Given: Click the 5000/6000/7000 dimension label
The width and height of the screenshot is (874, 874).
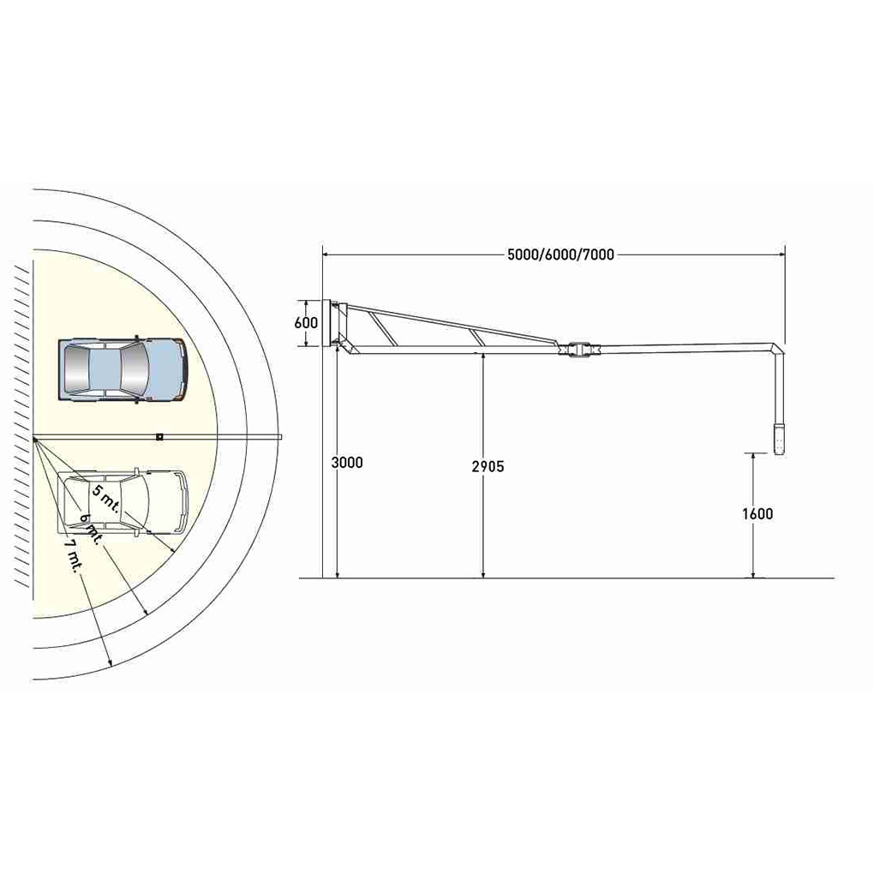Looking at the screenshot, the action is pyautogui.click(x=560, y=254).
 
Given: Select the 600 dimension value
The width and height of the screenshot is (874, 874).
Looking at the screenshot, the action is pyautogui.click(x=306, y=323).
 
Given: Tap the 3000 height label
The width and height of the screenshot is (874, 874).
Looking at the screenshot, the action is pyautogui.click(x=347, y=462).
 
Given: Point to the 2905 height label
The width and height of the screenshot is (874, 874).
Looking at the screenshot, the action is pyautogui.click(x=488, y=466).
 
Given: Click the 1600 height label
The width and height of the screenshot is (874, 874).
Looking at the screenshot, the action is pyautogui.click(x=757, y=513).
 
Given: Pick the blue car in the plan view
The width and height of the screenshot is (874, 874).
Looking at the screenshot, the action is pyautogui.click(x=123, y=369).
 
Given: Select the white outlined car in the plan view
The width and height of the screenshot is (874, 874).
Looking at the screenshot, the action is pyautogui.click(x=123, y=501).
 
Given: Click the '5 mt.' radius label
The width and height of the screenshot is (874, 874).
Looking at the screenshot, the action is pyautogui.click(x=106, y=499).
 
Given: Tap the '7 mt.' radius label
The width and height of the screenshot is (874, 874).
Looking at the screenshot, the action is pyautogui.click(x=72, y=555).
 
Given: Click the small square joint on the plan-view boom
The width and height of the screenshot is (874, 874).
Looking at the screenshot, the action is pyautogui.click(x=159, y=436).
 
